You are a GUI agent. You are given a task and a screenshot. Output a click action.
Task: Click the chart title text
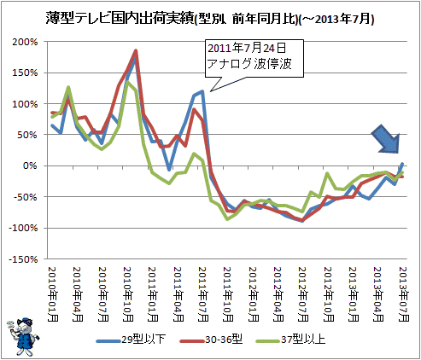tap(210, 19)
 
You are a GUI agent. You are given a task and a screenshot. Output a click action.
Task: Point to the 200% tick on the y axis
tap(25, 42)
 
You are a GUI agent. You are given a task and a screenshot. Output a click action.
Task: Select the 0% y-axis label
tap(30, 165)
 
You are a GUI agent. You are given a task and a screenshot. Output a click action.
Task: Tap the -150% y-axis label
tap(23, 259)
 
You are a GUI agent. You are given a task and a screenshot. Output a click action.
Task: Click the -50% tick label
tap(26, 197)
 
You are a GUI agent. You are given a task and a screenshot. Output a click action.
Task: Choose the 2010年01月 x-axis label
tap(53, 294)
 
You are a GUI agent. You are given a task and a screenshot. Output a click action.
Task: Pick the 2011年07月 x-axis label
tap(202, 294)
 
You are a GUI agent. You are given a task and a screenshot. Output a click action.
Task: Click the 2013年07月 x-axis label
tap(403, 294)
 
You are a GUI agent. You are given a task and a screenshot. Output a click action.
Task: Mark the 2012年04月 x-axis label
tap(278, 294)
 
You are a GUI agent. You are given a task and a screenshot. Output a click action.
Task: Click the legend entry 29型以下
tap(131, 340)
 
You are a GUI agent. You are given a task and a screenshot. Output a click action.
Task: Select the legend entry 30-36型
tap(211, 340)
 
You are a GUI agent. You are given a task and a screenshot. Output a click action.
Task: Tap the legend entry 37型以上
tap(290, 340)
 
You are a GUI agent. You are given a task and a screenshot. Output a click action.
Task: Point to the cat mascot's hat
tap(25, 321)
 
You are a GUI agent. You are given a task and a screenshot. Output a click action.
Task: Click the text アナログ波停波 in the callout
tap(249, 64)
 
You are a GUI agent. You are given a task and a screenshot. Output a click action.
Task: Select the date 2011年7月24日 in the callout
tap(247, 49)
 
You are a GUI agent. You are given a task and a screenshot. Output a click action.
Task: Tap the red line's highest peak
tap(136, 51)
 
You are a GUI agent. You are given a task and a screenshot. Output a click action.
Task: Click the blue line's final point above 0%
tap(402, 164)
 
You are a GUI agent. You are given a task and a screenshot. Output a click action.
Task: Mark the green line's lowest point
tap(227, 219)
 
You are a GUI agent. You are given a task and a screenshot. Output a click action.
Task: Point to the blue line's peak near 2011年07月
tap(202, 91)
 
